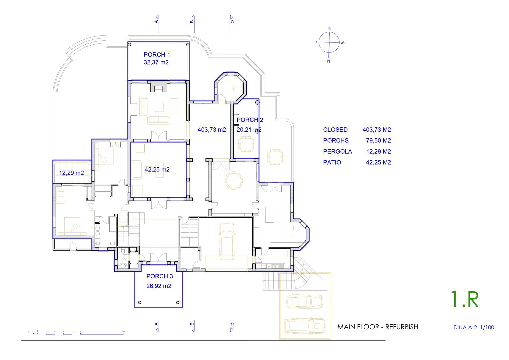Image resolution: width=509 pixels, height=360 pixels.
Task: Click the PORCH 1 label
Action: [157, 55]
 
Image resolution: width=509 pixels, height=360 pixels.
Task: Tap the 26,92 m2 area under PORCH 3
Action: [159, 286]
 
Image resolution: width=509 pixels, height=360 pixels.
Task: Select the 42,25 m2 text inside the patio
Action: [157, 170]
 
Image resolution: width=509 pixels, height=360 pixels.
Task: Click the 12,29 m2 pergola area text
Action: [71, 173]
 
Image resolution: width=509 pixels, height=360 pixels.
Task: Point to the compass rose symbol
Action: [329, 43]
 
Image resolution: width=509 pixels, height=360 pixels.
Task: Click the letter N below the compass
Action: [329, 61]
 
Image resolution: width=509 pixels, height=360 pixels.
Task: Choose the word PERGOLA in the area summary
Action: [337, 152]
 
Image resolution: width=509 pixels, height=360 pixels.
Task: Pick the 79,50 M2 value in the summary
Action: [378, 141]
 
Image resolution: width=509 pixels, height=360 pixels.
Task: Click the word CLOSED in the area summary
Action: [335, 130]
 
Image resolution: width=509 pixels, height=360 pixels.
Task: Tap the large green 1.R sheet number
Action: [465, 299]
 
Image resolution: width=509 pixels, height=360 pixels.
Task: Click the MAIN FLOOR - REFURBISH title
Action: [378, 327]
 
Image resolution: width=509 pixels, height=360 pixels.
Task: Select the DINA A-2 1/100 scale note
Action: [474, 327]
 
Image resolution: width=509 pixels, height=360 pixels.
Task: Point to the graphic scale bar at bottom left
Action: [76, 333]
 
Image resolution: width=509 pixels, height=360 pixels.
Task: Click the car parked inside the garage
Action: [227, 241]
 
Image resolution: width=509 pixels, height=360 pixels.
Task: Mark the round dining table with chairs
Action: [234, 181]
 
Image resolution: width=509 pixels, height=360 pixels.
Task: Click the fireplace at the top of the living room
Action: [159, 87]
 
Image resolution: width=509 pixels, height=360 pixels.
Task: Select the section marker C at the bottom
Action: [232, 326]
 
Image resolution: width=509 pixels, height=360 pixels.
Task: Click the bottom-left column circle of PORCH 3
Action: [140, 303]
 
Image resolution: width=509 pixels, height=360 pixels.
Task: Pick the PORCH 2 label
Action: [250, 120]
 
